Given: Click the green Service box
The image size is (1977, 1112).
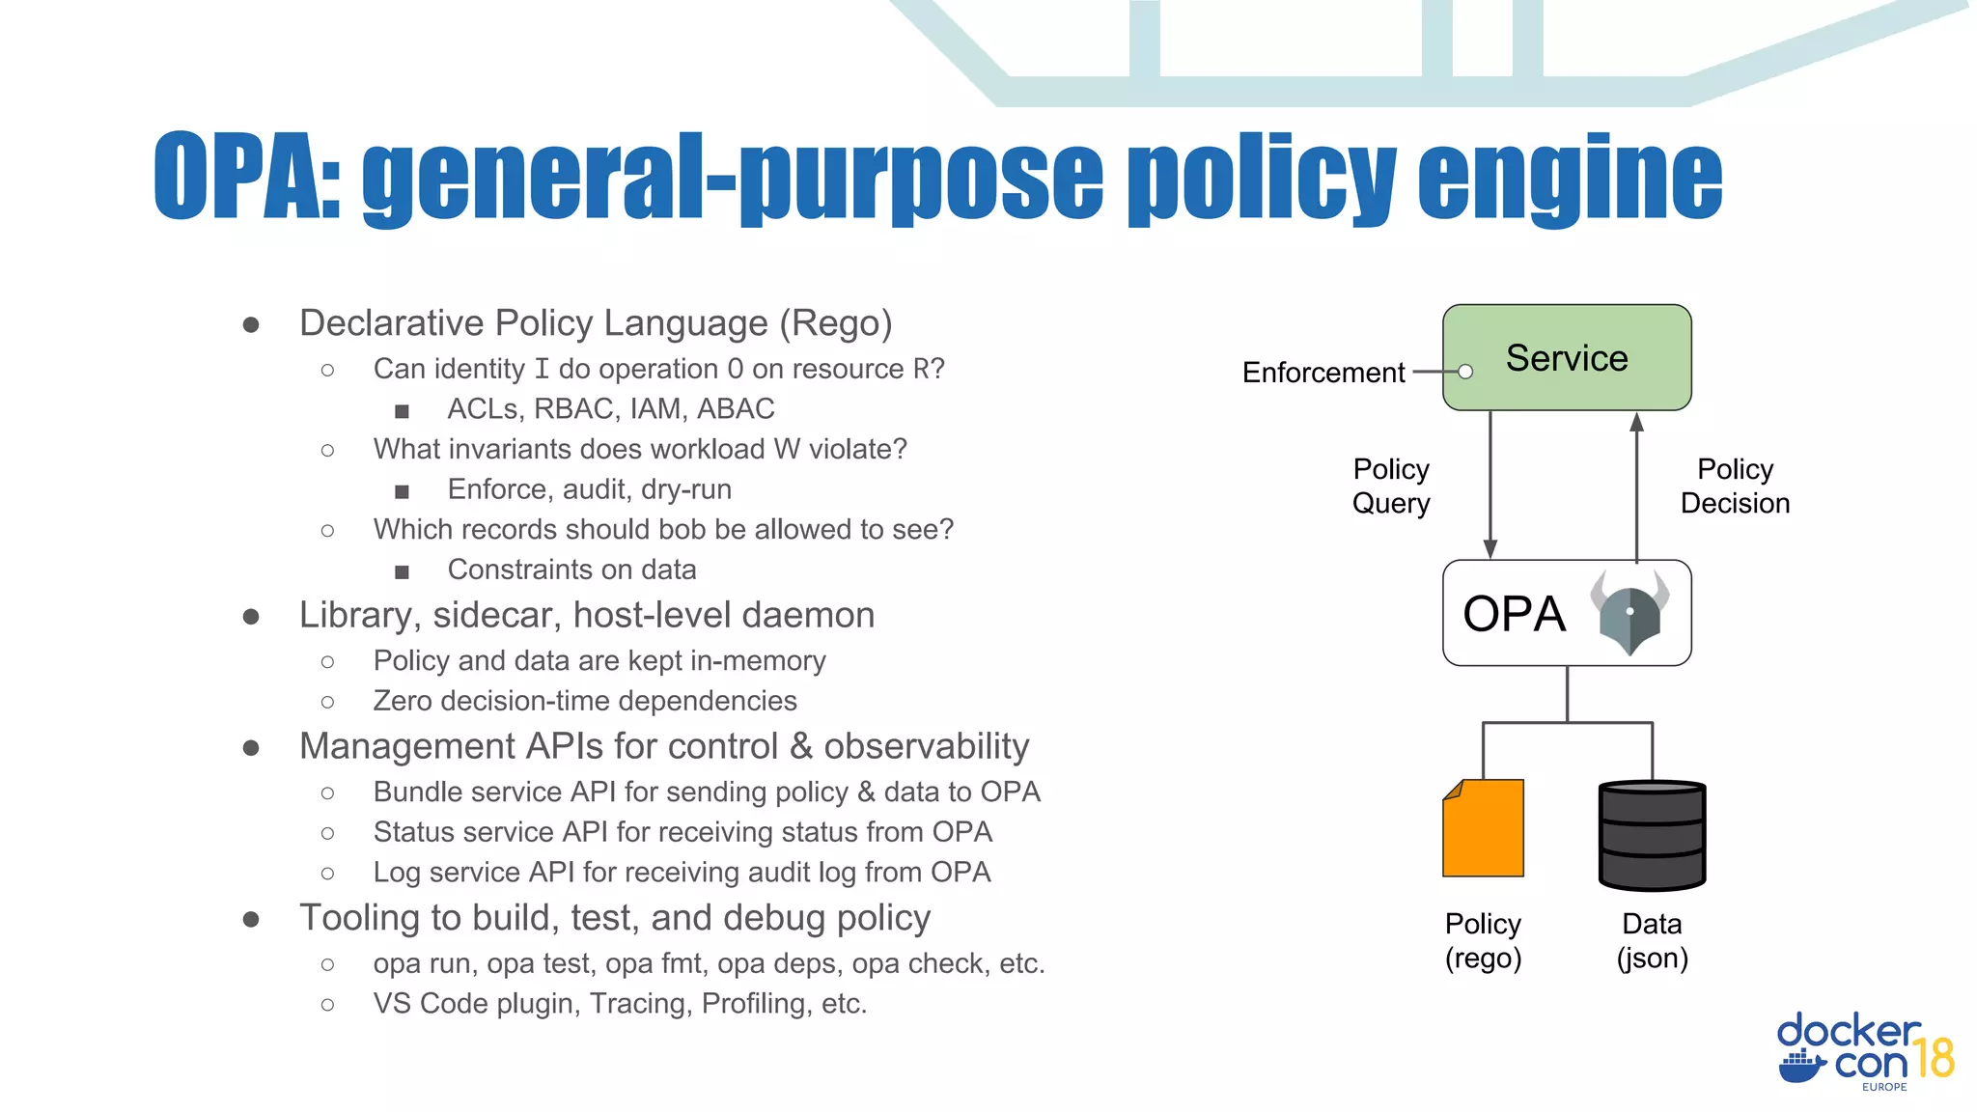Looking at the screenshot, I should coord(1567,357).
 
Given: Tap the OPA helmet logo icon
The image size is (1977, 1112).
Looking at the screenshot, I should coord(1629,613).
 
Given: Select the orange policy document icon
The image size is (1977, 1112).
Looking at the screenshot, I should coord(1483,828).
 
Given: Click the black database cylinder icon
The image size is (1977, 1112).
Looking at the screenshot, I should coord(1652,835).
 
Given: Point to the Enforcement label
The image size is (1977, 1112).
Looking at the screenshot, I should coord(1323,373).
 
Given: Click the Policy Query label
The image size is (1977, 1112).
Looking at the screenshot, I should coord(1391,486).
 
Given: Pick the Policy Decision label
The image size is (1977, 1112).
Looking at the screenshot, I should coord(1735,486).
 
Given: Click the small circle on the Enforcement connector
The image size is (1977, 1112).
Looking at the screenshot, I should coord(1465,372).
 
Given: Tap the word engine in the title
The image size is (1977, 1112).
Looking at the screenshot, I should coord(1570,179).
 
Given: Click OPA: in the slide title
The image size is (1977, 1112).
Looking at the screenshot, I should coord(247,177).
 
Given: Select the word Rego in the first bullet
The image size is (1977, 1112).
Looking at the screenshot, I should coord(836,323).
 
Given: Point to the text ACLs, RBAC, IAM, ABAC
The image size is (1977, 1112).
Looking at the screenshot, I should coord(610,409).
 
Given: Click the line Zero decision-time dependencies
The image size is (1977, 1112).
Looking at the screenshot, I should coord(585,701).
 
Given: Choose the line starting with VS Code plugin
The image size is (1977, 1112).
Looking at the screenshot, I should coord(620,1004).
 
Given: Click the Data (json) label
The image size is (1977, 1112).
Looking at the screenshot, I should coord(1652,940).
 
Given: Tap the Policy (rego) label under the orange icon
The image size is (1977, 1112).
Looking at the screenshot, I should coord(1483,940).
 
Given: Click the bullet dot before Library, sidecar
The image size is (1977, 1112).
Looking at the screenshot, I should coord(251,616).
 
